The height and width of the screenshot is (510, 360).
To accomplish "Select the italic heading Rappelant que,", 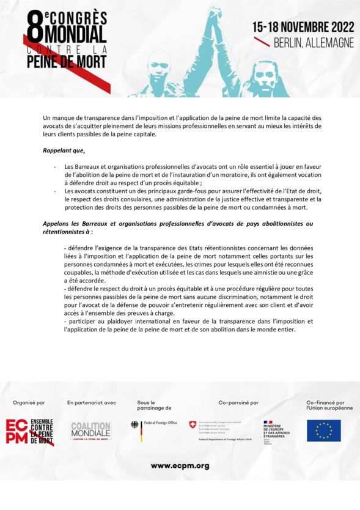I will coord(64,150).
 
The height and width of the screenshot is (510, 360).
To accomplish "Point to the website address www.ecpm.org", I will coord(180,466).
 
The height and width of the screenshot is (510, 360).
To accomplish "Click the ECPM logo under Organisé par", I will coord(30,430).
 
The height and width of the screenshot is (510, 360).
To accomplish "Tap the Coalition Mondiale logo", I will coord(90,431).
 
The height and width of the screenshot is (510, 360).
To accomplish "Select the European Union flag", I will coord(323,430).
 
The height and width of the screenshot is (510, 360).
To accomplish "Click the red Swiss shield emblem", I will coord(193,424).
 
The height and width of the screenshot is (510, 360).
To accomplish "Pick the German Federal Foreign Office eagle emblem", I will coord(135,424).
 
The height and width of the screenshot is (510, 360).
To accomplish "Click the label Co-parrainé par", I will coord(238,403).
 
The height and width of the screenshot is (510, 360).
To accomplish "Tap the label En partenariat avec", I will coord(91,403).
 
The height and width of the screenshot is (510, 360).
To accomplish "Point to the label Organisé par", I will coord(29,403).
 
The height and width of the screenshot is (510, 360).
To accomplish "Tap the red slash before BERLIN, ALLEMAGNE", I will coord(262,43).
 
